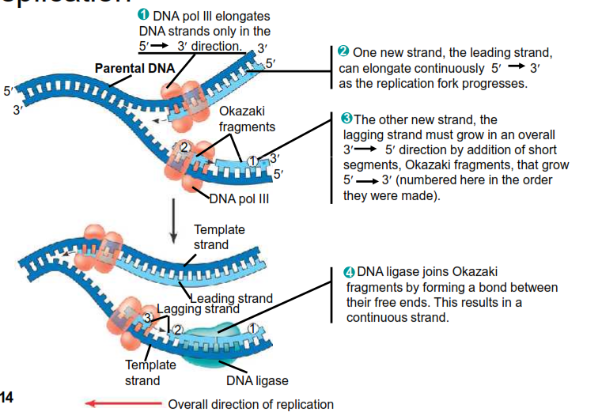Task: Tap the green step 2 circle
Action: tap(343, 51)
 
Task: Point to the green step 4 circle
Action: tap(350, 272)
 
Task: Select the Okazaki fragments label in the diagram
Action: tap(247, 119)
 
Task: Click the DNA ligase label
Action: tap(257, 381)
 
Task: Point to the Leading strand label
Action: tap(235, 298)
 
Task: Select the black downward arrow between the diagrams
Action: tap(173, 225)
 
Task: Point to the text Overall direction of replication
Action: tap(251, 404)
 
